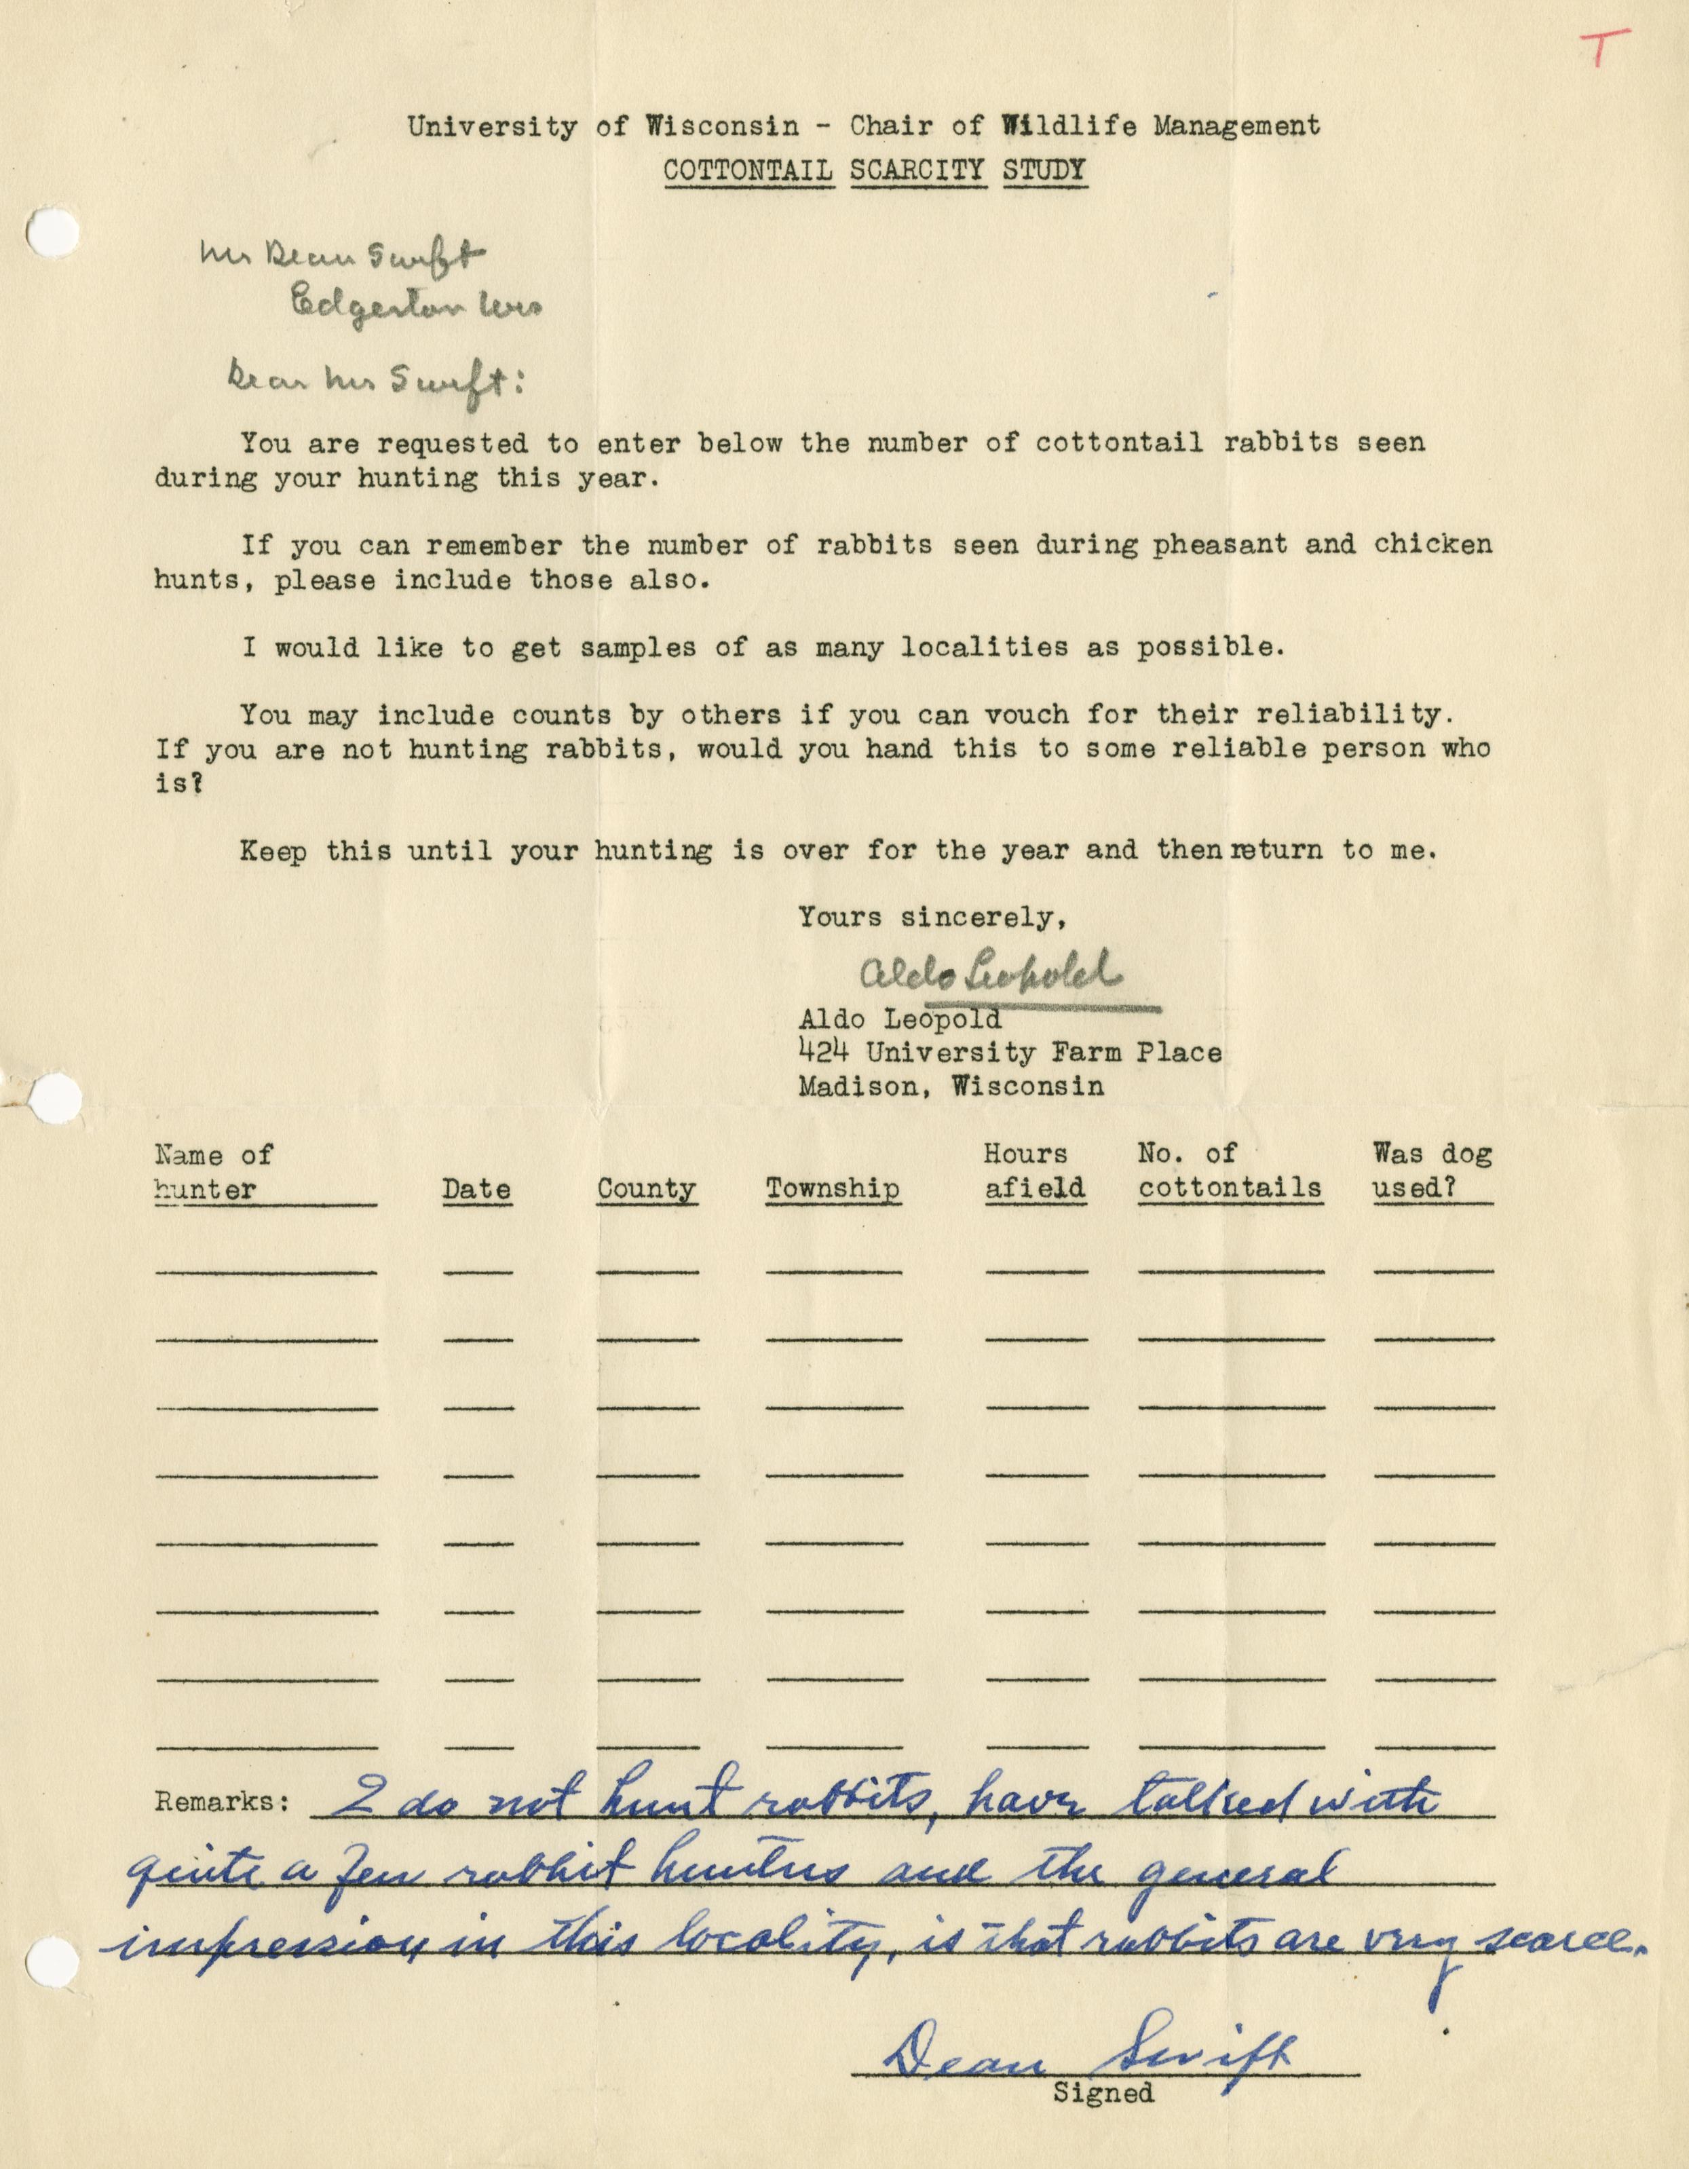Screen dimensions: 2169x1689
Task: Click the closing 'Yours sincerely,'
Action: click(x=933, y=917)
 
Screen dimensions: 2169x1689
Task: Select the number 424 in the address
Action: click(x=823, y=1052)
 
